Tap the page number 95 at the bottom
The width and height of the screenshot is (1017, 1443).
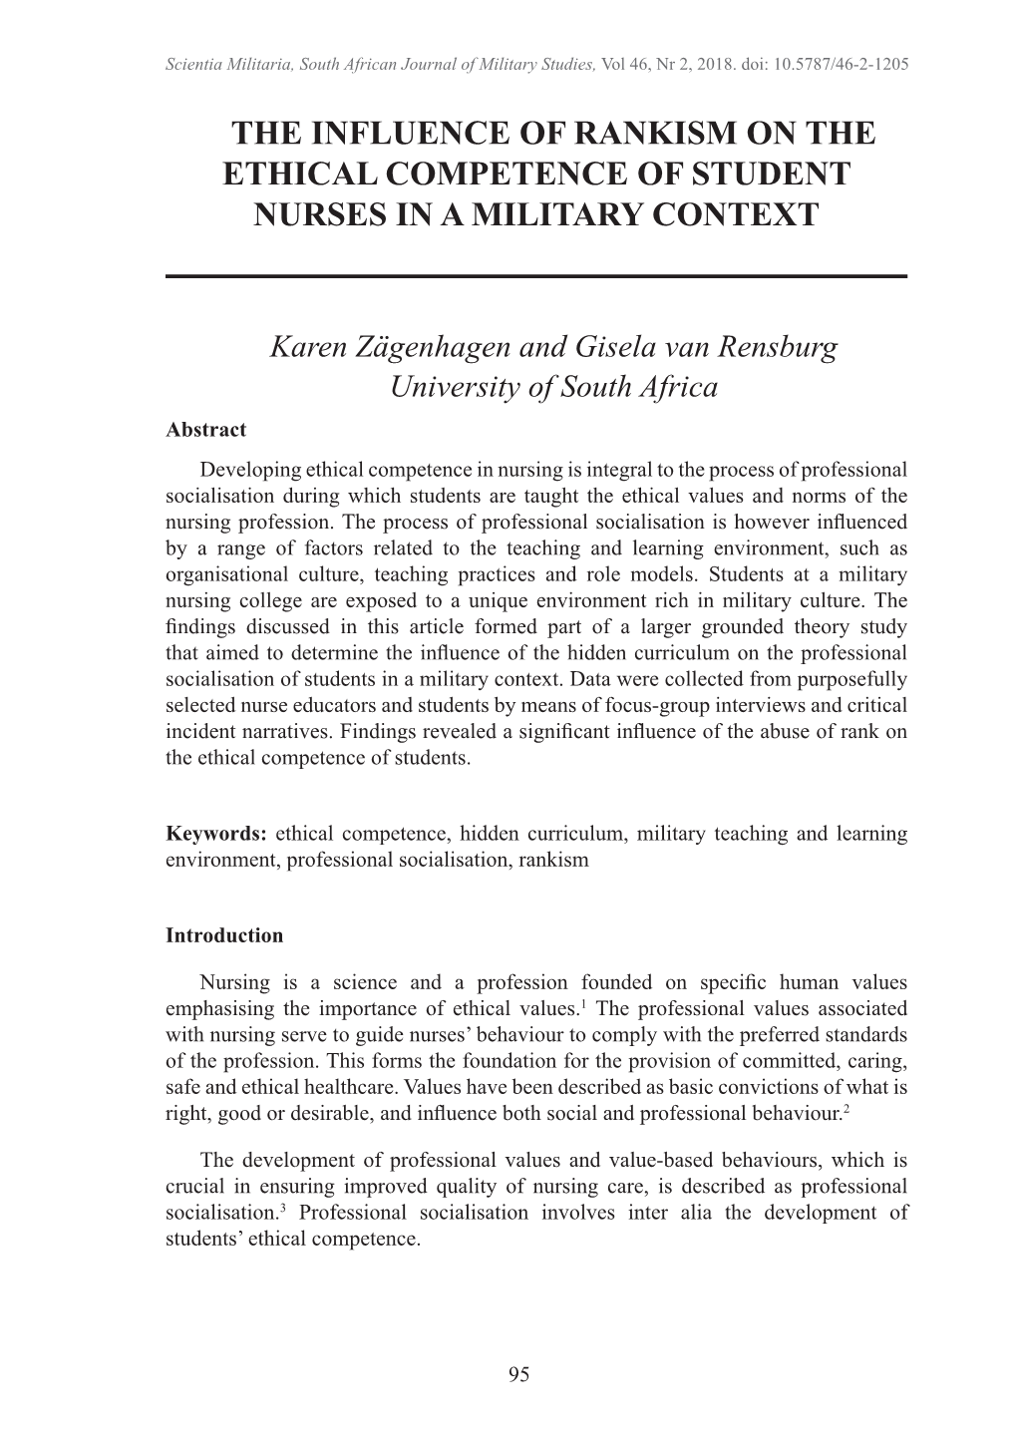pyautogui.click(x=518, y=1374)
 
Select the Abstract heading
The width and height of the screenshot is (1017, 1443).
pyautogui.click(x=205, y=430)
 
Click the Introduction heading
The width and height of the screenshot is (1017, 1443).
pyautogui.click(x=224, y=935)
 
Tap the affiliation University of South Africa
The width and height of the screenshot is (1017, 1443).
pyautogui.click(x=553, y=387)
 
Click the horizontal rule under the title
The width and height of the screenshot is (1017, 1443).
pyautogui.click(x=536, y=276)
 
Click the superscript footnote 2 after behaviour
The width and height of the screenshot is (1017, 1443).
pyautogui.click(x=846, y=1108)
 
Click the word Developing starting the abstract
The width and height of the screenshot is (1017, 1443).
pyautogui.click(x=249, y=470)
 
